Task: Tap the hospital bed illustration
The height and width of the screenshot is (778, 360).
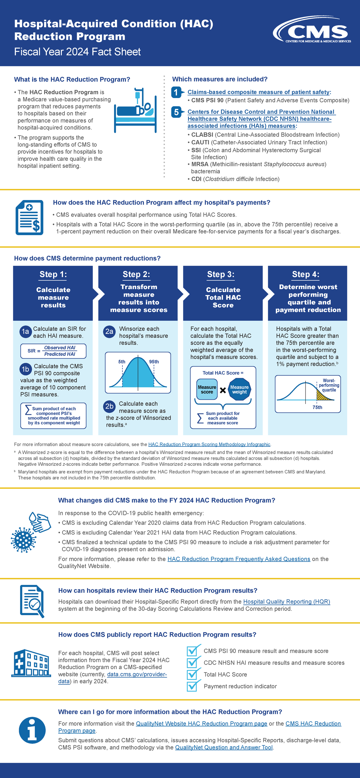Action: point(135,111)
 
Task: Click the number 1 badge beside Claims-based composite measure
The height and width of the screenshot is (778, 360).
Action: point(176,92)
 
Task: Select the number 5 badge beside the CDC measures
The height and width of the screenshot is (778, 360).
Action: point(176,112)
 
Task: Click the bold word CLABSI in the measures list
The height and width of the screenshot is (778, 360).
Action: point(202,135)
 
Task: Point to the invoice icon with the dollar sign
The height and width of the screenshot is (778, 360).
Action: point(30,217)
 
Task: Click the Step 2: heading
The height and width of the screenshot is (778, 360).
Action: point(136,274)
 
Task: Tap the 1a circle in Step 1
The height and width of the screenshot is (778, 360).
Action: point(25,332)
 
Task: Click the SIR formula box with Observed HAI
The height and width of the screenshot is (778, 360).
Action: point(53,351)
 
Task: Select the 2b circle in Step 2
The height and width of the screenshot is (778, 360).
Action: point(109,406)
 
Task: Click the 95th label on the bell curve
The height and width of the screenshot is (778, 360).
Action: point(154,361)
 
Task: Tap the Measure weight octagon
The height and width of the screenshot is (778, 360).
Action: point(239,390)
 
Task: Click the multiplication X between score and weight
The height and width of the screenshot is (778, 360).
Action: point(223,390)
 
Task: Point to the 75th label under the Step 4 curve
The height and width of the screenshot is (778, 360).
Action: point(317,407)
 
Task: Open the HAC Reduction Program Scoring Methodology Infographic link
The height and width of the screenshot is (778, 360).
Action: point(209,444)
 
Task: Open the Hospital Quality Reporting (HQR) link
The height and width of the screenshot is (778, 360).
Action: point(286,602)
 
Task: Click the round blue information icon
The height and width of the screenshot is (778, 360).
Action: point(32,730)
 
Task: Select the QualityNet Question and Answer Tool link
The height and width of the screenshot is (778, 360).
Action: point(224,747)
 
